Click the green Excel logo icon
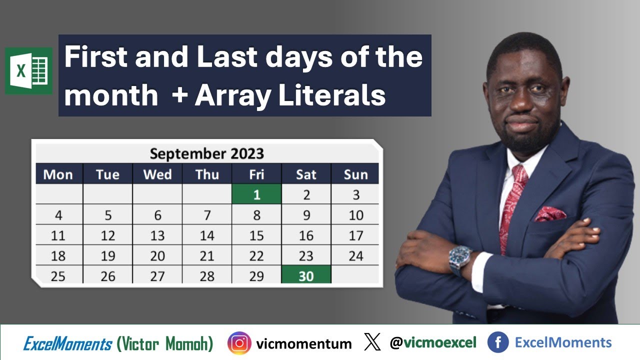(28, 70)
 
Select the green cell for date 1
(256, 194)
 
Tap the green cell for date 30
(306, 275)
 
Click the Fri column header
(256, 174)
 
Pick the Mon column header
(58, 174)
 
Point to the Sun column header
(355, 174)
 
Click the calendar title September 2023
(206, 153)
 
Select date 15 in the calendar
(256, 235)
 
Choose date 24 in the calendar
(355, 256)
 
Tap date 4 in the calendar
(58, 215)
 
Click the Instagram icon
(239, 343)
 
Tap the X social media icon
(372, 342)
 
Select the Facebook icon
(498, 342)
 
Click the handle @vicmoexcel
(433, 342)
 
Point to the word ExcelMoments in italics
(67, 343)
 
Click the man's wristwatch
(460, 258)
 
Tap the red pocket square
(550, 214)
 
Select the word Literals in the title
(331, 95)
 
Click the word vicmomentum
(303, 343)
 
